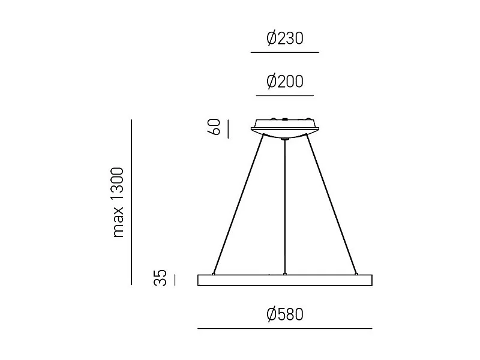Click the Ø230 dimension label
[285, 39]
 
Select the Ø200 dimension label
[285, 82]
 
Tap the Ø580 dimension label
[285, 314]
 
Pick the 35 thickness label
[160, 278]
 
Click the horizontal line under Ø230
[285, 53]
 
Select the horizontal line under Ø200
[285, 95]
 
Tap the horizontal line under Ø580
[285, 328]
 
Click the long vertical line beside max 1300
[131, 202]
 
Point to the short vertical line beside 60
[228, 128]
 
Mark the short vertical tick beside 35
[175, 280]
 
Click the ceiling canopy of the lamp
[285, 128]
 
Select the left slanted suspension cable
[239, 204]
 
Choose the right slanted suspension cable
[332, 204]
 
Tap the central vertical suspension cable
[285, 207]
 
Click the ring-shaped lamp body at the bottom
[285, 280]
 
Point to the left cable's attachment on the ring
[214, 274]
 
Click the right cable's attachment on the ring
[356, 274]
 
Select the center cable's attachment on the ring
[285, 274]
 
